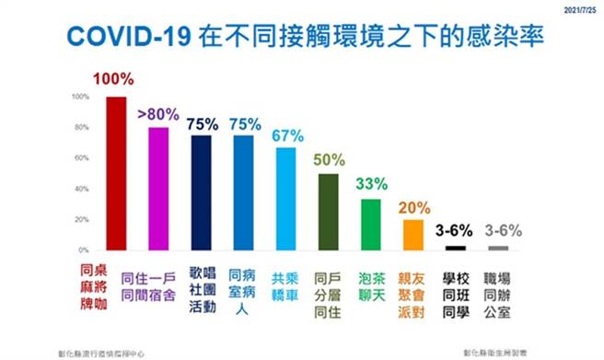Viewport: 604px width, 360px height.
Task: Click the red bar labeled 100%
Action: click(x=116, y=173)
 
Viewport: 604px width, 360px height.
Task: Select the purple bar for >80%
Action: click(x=158, y=189)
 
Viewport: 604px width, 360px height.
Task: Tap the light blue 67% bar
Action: click(x=286, y=199)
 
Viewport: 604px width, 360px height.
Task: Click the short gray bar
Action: click(x=498, y=248)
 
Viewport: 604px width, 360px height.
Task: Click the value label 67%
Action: click(x=286, y=135)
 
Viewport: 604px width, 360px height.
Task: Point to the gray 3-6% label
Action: click(x=498, y=229)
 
